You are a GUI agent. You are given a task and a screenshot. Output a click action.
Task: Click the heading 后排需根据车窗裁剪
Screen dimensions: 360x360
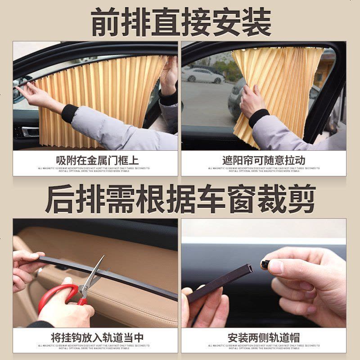point(180,198)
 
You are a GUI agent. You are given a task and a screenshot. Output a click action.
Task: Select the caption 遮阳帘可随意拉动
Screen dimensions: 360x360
point(264,161)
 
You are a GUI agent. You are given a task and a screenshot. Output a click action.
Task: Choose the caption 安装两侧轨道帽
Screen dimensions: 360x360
point(264,337)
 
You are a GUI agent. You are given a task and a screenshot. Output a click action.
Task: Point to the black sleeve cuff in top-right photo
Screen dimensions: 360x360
point(259,118)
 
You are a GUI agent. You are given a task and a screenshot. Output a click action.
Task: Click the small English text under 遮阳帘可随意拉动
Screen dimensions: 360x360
point(264,170)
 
